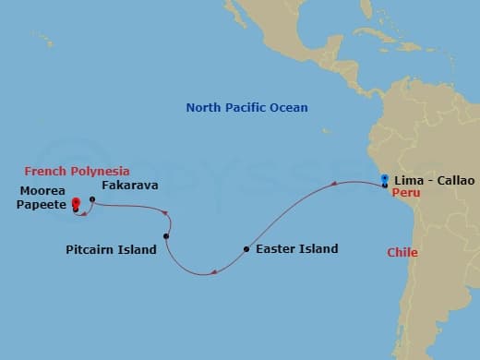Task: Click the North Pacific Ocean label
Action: tap(246, 108)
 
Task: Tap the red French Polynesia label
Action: tap(77, 172)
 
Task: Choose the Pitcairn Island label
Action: tap(111, 250)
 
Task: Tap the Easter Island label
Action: tap(296, 249)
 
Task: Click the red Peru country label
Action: tap(405, 194)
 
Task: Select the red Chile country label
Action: tap(402, 252)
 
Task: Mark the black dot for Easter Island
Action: tap(246, 249)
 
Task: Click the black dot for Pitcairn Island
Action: tap(166, 237)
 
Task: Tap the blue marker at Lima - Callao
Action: tap(384, 178)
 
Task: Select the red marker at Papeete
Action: tap(75, 204)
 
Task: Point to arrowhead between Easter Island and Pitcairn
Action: tap(213, 271)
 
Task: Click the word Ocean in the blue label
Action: tap(288, 108)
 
